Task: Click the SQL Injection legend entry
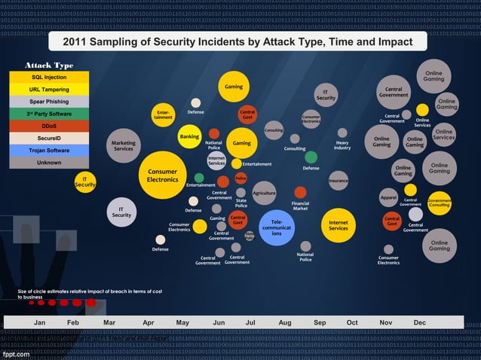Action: click(x=49, y=78)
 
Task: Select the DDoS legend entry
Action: click(x=49, y=126)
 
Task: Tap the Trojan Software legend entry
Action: click(x=49, y=151)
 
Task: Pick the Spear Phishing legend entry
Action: click(x=49, y=102)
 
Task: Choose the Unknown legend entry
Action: click(x=49, y=163)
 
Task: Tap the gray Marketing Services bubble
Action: click(x=123, y=145)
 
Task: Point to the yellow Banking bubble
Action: click(x=189, y=137)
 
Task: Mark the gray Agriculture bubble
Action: click(x=264, y=193)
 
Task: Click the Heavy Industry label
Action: click(x=342, y=145)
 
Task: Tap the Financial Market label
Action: click(x=300, y=206)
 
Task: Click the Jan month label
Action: click(x=41, y=322)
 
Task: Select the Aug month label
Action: click(x=285, y=322)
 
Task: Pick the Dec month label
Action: click(x=420, y=322)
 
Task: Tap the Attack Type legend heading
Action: click(x=49, y=65)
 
